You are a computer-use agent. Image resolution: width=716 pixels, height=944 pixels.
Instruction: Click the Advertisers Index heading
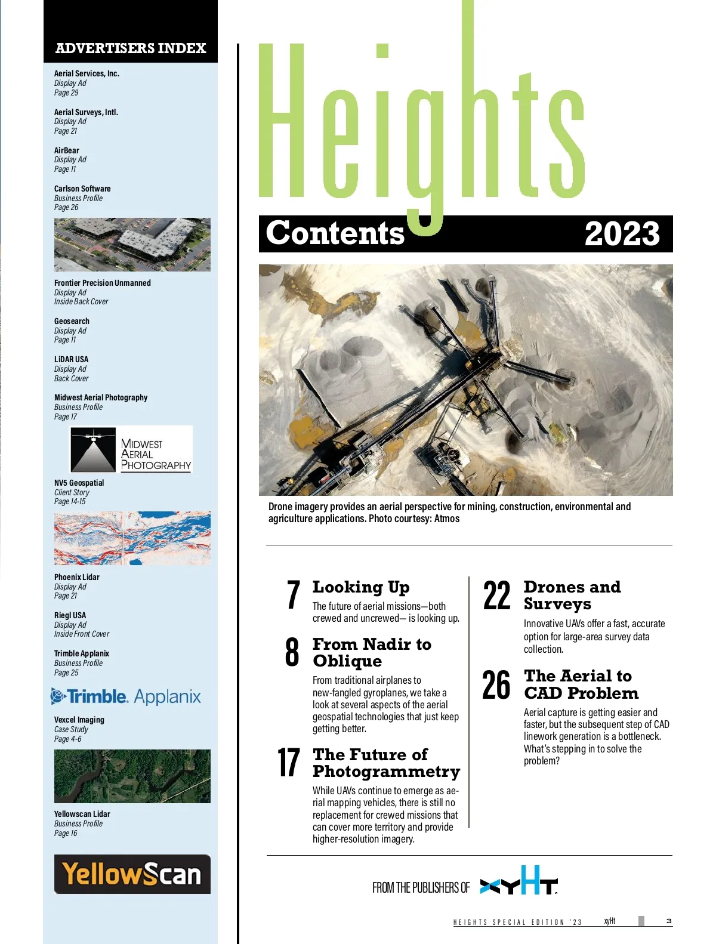tap(131, 48)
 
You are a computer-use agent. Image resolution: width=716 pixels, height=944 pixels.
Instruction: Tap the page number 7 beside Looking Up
tap(293, 595)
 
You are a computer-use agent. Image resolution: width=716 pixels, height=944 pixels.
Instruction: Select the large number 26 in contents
tap(496, 684)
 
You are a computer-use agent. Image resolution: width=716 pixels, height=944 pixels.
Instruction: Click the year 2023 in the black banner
tap(622, 234)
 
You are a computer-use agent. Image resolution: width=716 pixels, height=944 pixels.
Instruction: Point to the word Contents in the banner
tap(335, 233)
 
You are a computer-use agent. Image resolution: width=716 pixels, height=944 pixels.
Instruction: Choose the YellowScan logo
tap(132, 874)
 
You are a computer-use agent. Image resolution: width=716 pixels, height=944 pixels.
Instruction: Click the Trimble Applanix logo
tap(126, 696)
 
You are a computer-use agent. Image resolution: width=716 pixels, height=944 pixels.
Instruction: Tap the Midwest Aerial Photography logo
tap(131, 450)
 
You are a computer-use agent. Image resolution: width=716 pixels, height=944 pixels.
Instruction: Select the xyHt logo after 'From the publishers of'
tap(519, 881)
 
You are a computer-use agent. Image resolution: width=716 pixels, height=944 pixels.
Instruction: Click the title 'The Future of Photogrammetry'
tap(386, 763)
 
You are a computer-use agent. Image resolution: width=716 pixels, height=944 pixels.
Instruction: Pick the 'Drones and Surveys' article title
tap(572, 596)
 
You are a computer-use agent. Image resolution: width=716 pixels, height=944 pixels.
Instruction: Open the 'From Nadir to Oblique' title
tap(371, 652)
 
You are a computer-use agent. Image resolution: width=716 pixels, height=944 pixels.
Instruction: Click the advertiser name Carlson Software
tap(82, 189)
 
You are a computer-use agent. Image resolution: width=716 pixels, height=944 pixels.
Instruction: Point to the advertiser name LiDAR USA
tap(71, 359)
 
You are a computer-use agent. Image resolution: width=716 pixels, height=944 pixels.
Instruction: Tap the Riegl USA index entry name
tap(70, 615)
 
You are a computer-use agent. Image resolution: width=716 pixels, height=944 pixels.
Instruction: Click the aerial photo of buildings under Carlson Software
tap(132, 245)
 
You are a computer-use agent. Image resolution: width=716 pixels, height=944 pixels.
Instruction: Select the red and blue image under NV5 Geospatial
tap(132, 538)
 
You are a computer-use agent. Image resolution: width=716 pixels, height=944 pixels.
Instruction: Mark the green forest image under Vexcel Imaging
tap(132, 776)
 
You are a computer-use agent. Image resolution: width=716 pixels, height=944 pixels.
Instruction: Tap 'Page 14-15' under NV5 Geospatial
tap(70, 502)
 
